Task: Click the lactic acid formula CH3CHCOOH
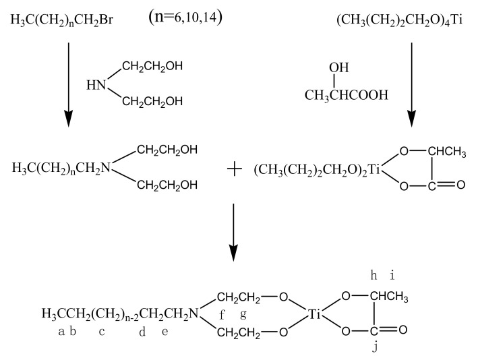(x=346, y=95)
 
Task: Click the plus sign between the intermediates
(x=234, y=169)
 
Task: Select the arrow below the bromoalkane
(x=68, y=84)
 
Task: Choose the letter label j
(x=376, y=349)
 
